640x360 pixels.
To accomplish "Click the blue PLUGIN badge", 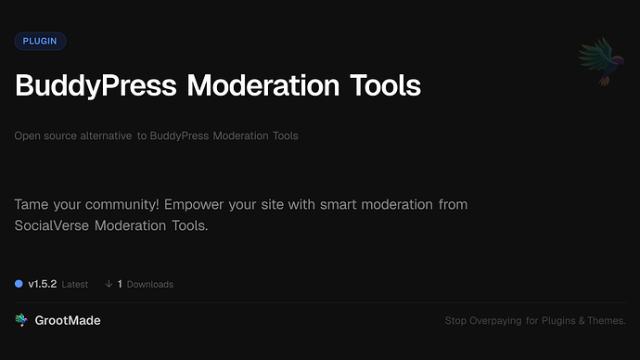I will coord(40,41).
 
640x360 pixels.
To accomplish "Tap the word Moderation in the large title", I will coord(264,86).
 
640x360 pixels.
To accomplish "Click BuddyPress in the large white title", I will coord(96,86).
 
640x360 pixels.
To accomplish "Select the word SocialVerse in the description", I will coord(53,225).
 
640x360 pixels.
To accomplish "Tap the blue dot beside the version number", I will coord(19,283).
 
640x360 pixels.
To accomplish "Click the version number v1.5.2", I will coord(42,284).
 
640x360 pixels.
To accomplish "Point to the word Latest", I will coord(75,284).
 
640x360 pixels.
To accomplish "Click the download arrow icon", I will coord(109,284).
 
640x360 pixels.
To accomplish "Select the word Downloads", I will coord(150,284).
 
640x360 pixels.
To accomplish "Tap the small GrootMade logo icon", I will coord(21,320).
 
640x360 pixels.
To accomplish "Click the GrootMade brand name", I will coord(68,320).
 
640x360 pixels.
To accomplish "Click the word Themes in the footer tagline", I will coord(606,321).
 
